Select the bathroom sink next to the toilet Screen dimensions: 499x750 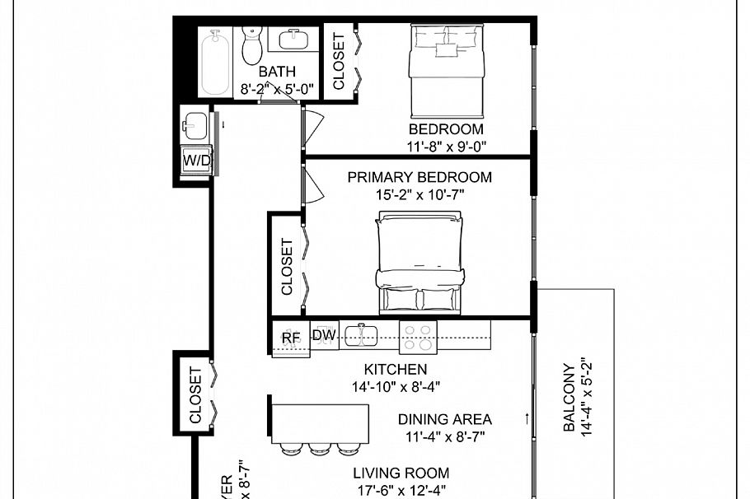293,39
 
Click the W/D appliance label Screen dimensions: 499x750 197,161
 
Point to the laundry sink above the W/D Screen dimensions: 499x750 195,126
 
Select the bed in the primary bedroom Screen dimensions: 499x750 420,262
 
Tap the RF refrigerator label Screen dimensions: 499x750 290,336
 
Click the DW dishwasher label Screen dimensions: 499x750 322,335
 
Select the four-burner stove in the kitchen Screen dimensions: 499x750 418,335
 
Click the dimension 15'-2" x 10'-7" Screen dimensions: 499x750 419,194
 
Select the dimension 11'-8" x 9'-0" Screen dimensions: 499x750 446,146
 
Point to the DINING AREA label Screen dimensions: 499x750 444,419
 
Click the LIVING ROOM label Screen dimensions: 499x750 401,473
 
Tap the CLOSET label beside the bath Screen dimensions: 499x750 339,62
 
